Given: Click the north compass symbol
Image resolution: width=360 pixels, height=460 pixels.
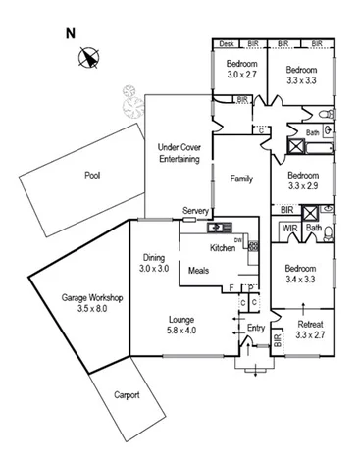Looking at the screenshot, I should coord(90,58).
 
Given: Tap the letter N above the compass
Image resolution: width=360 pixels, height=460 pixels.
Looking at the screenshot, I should coord(71,32).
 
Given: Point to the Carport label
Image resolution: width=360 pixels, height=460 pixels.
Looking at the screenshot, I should coord(125,395).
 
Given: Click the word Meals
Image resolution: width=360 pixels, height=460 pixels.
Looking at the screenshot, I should coord(199,269).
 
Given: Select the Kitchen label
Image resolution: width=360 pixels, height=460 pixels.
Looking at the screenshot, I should coord(223,248).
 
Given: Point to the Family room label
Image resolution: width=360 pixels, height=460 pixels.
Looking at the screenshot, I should coord(241,179).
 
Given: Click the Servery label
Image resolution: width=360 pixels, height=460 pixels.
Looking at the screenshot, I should coord(196,211).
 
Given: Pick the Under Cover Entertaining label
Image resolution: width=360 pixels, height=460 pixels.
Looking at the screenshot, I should coord(179,152).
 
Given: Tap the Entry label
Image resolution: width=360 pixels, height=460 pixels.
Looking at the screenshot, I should coord(257,328).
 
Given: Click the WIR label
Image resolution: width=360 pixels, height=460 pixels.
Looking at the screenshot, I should coord(290,229).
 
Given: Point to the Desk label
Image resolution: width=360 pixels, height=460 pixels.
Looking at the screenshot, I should coord(227,44).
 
